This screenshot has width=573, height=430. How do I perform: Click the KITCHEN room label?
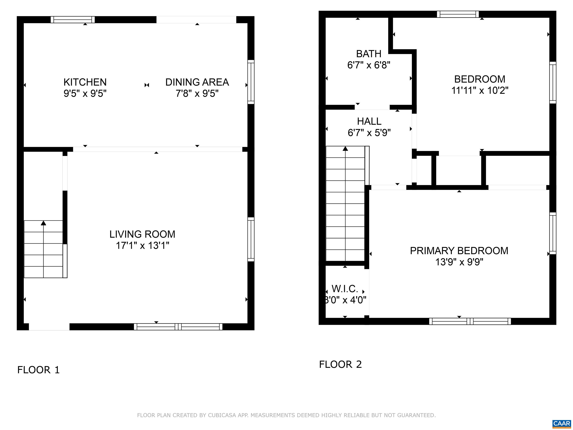(85, 82)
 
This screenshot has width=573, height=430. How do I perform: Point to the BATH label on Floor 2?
(369, 54)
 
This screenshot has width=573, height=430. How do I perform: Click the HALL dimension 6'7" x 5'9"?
(369, 133)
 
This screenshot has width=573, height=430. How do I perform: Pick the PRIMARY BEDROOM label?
(459, 251)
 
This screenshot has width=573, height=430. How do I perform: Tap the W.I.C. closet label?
(345, 289)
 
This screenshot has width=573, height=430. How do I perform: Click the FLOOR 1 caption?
(38, 370)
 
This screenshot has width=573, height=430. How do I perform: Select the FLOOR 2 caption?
(340, 364)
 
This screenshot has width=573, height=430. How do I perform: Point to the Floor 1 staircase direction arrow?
(43, 223)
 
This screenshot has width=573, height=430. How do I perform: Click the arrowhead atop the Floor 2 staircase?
(345, 149)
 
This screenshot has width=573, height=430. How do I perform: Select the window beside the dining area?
(251, 82)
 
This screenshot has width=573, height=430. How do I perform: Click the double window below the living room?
(178, 327)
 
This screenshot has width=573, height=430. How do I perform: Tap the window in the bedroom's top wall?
(458, 14)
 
